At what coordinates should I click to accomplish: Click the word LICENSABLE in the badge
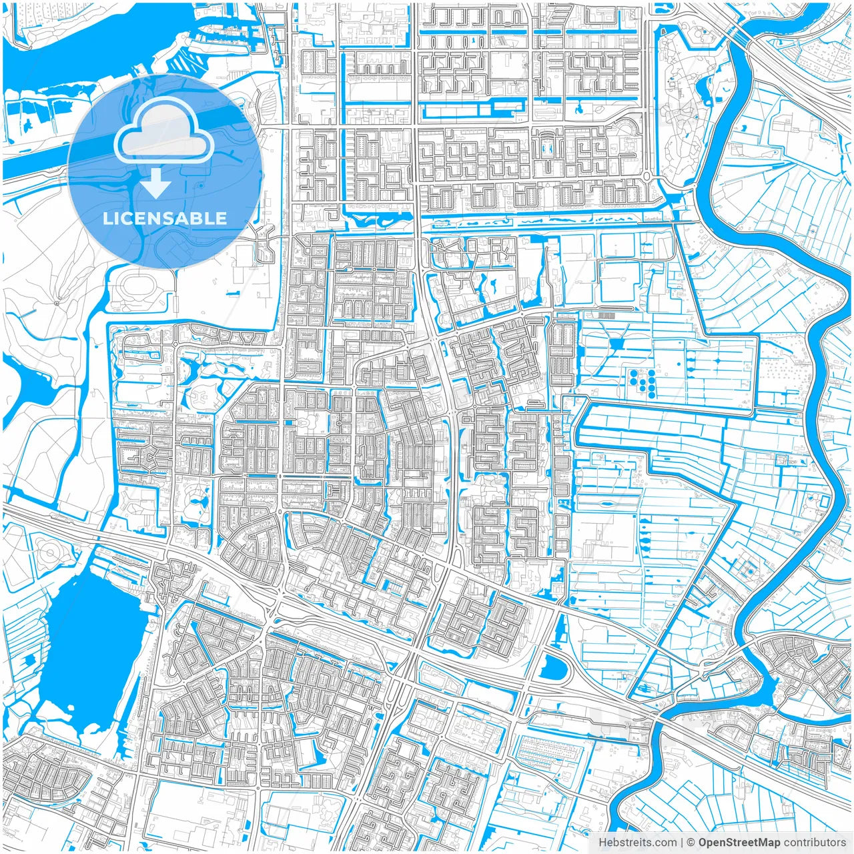(165, 218)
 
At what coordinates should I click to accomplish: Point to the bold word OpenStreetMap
(739, 843)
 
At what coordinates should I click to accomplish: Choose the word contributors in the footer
(815, 843)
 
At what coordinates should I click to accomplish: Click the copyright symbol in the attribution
(692, 843)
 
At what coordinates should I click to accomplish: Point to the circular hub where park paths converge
(57, 303)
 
